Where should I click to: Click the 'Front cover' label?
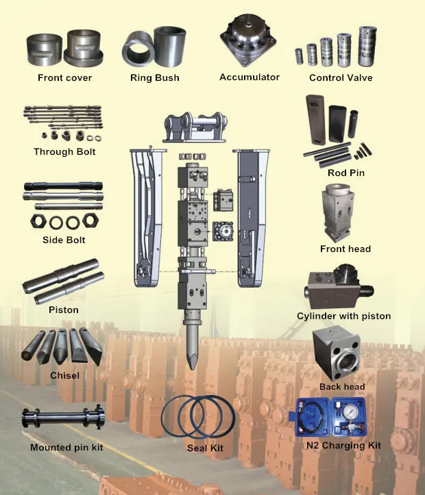click(x=64, y=78)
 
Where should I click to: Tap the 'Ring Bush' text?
click(x=155, y=78)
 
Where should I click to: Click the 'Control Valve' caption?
click(x=341, y=78)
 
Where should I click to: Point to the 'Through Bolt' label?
click(x=64, y=151)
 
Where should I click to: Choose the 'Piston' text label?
click(x=64, y=310)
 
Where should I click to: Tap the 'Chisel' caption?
click(x=64, y=375)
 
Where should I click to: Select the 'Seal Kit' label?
click(x=205, y=448)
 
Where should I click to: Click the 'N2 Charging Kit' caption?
click(x=343, y=446)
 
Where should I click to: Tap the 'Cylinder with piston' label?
click(x=343, y=316)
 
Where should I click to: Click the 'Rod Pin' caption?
click(x=345, y=173)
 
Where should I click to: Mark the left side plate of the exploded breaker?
click(x=147, y=219)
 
